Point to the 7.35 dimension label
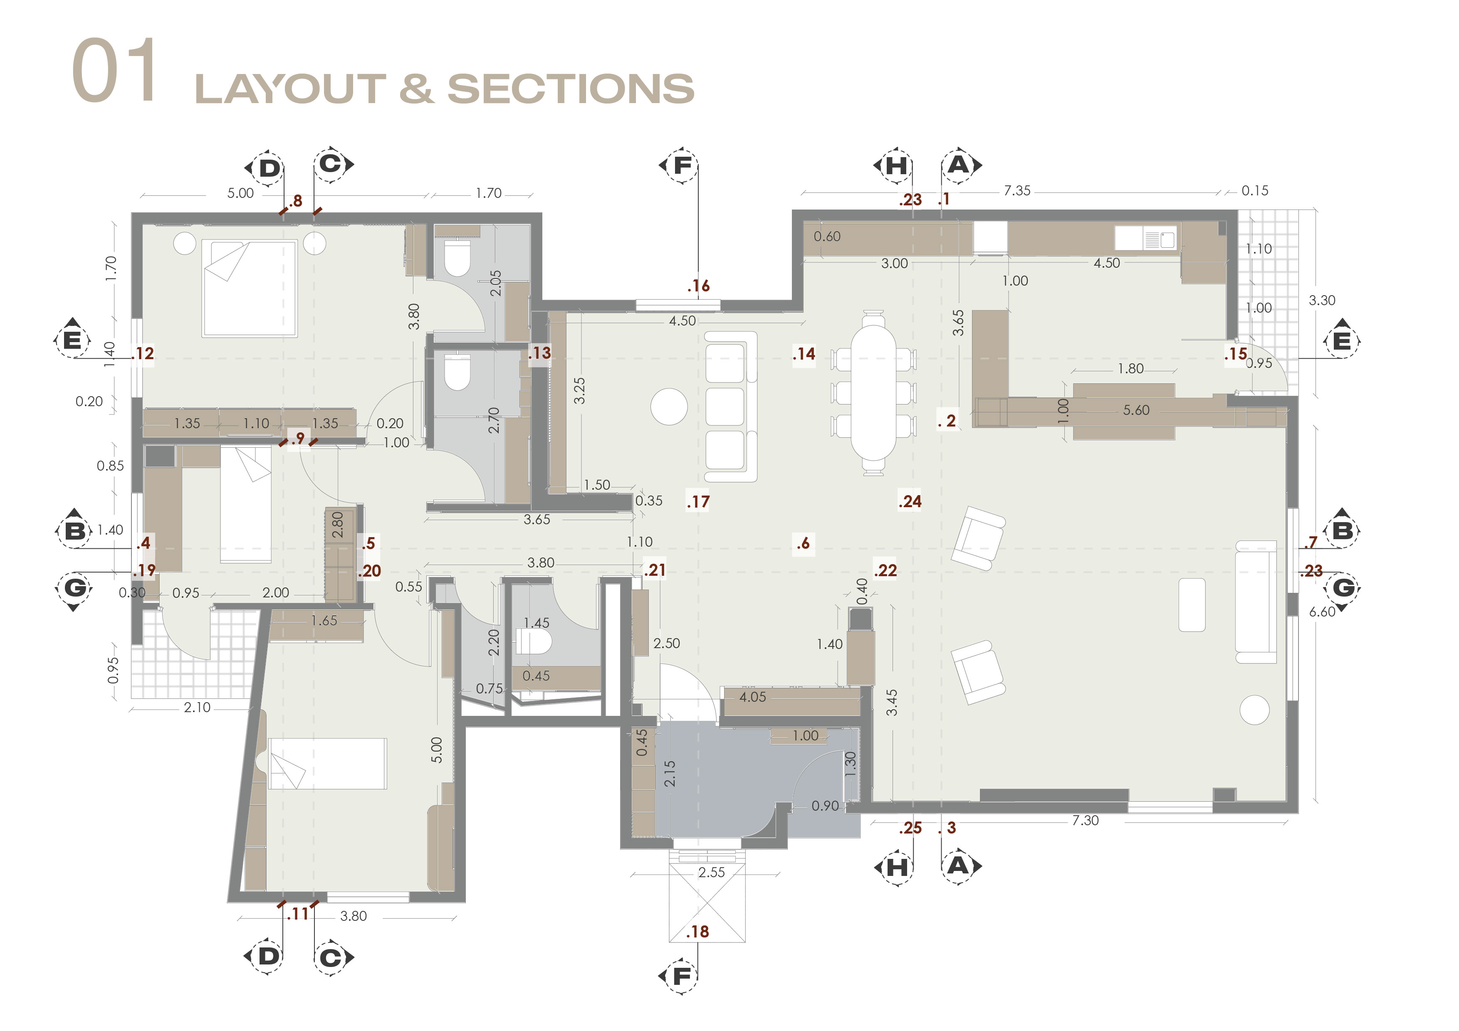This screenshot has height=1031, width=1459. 1017,190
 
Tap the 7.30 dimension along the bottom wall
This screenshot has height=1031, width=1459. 1086,820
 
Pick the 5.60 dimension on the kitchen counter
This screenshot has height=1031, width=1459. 1136,410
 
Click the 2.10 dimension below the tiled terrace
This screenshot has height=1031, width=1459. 197,707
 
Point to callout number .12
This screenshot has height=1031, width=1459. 143,353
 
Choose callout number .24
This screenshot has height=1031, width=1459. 910,501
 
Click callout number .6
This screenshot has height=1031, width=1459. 803,543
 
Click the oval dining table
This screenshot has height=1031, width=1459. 874,392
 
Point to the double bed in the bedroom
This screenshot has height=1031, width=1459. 250,288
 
